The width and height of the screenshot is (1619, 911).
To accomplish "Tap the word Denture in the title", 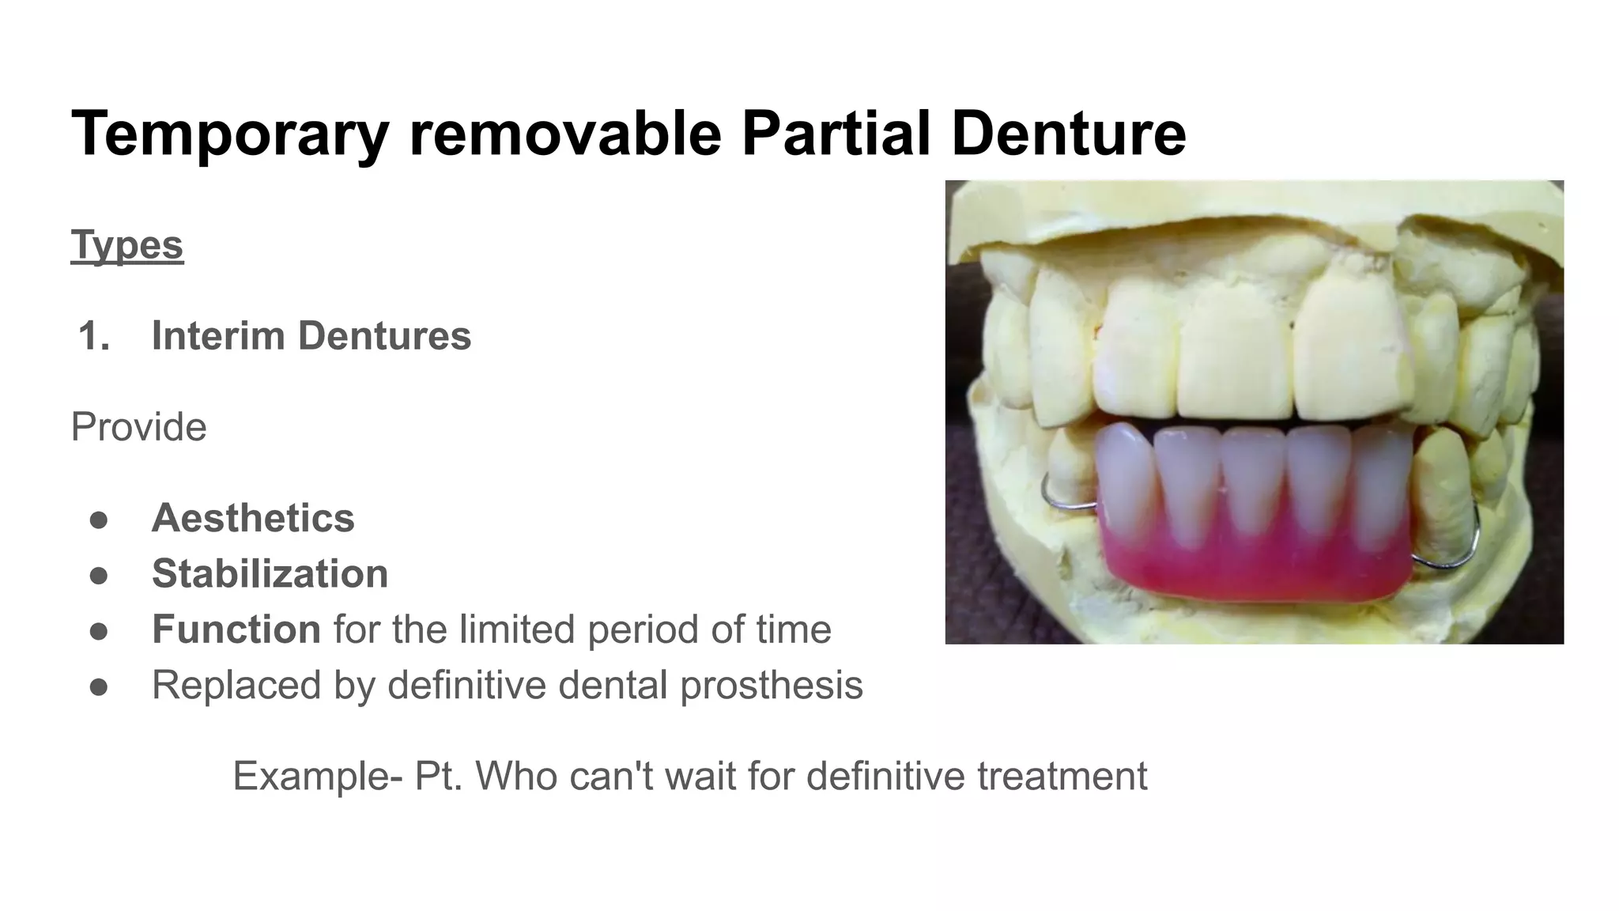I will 1068,133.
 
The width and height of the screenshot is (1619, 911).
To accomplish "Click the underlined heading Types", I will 127,245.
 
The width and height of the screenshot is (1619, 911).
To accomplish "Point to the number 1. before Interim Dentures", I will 94,335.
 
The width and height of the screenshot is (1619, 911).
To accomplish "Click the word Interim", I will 217,335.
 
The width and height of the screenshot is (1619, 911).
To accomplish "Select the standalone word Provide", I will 139,427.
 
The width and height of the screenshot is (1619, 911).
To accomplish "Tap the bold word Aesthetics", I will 253,518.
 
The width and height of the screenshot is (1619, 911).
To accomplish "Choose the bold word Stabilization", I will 270,573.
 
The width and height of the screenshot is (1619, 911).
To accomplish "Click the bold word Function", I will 236,629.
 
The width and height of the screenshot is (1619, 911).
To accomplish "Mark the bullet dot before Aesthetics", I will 99,520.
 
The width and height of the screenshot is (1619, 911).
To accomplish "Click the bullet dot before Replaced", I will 99,686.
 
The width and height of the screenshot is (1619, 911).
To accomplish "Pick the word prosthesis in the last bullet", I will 771,686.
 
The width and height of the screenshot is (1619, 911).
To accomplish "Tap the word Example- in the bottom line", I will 317,776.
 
